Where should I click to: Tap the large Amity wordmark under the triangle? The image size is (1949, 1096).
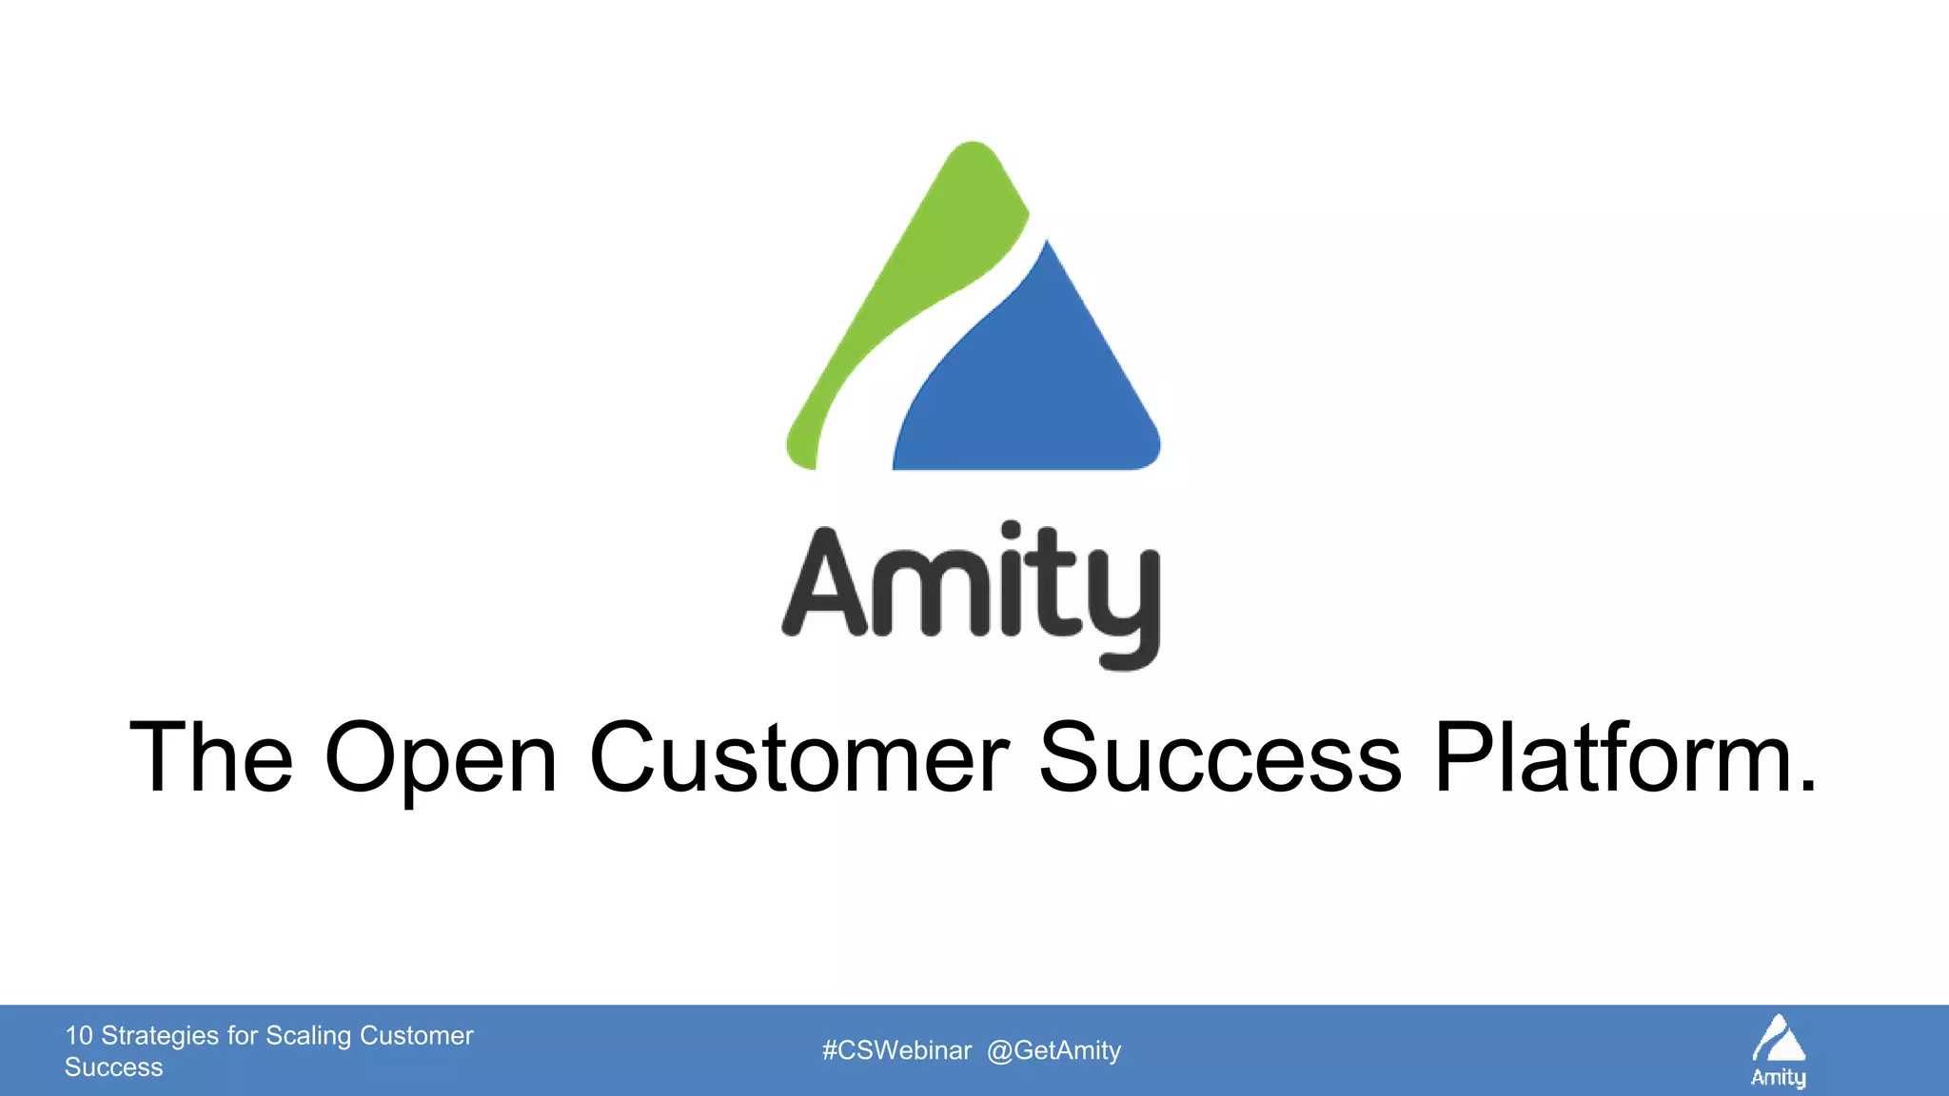point(971,590)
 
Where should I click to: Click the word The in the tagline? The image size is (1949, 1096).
point(211,757)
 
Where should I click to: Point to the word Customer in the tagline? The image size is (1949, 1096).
point(799,757)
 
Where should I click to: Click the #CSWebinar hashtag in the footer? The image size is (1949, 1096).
point(896,1050)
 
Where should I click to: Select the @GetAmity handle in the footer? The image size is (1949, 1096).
point(1054,1050)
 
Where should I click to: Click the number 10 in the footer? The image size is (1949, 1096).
point(79,1035)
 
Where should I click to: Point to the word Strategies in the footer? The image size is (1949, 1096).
point(160,1035)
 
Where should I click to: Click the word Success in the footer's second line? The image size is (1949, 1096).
point(113,1067)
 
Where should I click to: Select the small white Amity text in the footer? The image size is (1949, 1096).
point(1779,1077)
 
